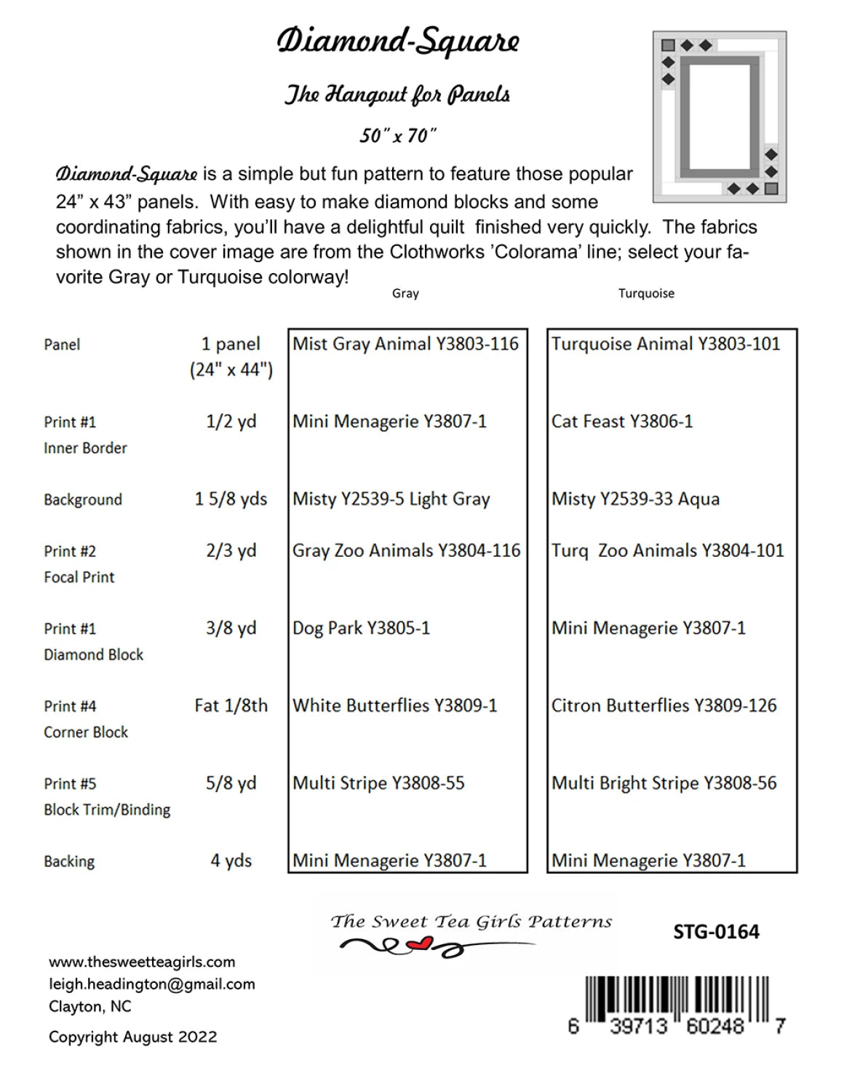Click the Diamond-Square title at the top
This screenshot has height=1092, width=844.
coord(398,41)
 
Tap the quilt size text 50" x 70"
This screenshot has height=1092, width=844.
coord(398,135)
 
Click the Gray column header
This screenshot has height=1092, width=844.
coord(405,293)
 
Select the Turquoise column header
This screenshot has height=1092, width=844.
coord(646,293)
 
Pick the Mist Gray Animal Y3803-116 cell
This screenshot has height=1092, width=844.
coord(405,344)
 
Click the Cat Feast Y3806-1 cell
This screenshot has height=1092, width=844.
coord(622,422)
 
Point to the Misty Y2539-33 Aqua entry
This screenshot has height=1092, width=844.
coord(635,499)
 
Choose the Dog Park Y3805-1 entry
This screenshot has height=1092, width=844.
coord(361,628)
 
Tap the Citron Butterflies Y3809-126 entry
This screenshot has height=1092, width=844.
coord(664,705)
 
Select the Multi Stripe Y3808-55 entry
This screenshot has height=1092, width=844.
coord(378,783)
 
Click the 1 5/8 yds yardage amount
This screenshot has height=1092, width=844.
coord(231,499)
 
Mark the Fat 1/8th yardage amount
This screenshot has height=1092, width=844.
coord(231,705)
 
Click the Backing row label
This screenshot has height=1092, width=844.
coord(69,861)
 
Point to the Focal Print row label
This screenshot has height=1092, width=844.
coord(79,577)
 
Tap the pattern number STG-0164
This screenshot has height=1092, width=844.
coord(716,932)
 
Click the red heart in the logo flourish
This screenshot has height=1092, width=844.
coord(420,945)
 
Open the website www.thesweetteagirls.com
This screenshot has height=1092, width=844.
coord(142,962)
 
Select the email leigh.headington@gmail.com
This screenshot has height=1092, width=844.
coord(152,984)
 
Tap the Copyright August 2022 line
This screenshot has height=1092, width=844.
coord(132,1037)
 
